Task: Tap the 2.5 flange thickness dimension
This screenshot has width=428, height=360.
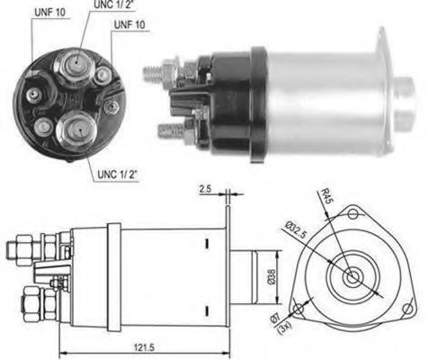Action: coord(207,191)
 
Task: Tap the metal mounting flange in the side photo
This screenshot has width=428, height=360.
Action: coord(385,90)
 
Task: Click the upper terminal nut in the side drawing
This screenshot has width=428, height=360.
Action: coord(25,246)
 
